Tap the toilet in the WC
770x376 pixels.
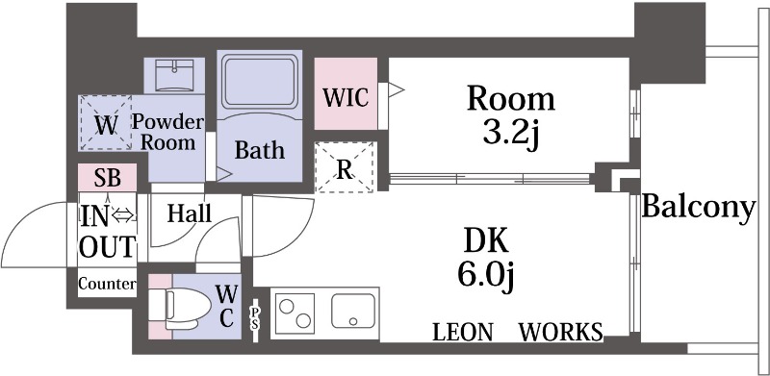182,308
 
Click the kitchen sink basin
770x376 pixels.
355,311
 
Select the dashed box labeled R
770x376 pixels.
345,167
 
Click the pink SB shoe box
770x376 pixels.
107,178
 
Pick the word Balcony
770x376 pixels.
697,206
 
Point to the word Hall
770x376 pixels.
189,213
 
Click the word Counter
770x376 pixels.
107,284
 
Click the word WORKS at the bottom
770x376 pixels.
560,333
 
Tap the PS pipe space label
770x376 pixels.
255,317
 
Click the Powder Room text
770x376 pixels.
168,132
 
